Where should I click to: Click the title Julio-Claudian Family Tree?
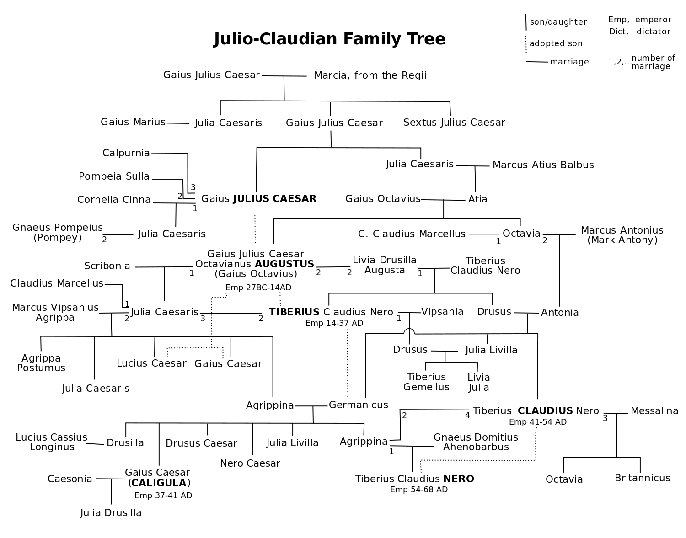[x=329, y=39]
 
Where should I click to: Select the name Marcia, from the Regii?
[x=370, y=75]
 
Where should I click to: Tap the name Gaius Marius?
[x=133, y=122]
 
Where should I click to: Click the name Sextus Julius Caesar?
[x=454, y=122]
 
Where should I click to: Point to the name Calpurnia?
[x=126, y=153]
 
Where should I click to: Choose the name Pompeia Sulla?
[x=114, y=176]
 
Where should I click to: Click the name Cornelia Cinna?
[x=114, y=199]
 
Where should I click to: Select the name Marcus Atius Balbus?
[x=543, y=165]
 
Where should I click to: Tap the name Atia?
[x=477, y=199]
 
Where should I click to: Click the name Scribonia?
[x=107, y=266]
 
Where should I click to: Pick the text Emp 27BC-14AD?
[x=258, y=288]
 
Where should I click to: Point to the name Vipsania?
[x=442, y=312]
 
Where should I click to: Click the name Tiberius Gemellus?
[x=426, y=382]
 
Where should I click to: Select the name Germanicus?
[x=358, y=405]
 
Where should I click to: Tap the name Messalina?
[x=654, y=411]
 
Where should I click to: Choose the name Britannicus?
[x=642, y=478]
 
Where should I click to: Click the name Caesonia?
[x=70, y=479]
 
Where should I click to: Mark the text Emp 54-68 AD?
[x=418, y=490]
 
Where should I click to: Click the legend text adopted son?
[x=556, y=43]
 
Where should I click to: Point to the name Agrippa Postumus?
[x=41, y=363]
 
